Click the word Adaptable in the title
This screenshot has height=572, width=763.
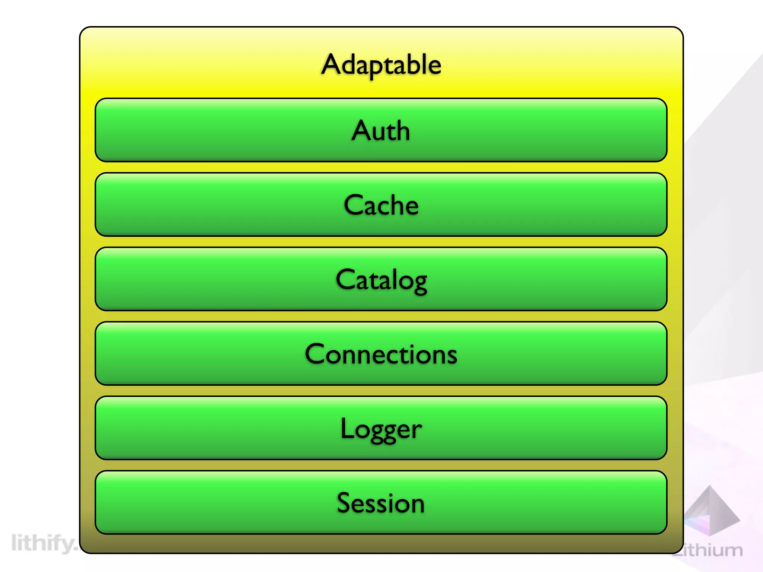tap(381, 65)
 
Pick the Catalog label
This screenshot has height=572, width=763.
tap(381, 280)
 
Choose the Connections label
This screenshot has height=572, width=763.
tap(381, 354)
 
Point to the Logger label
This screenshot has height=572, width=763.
tap(381, 429)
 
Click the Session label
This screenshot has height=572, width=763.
tap(381, 503)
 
